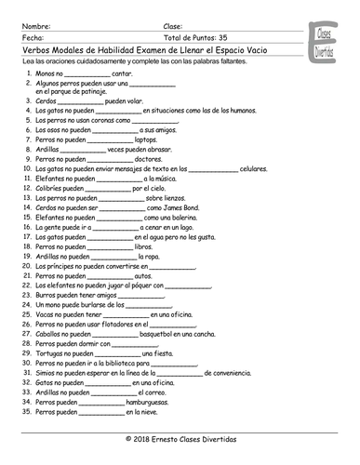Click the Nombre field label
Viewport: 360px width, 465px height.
(x=33, y=17)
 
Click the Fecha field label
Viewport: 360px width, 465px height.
(x=29, y=27)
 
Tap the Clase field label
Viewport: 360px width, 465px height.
(x=181, y=17)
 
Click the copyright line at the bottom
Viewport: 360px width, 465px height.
(x=180, y=436)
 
